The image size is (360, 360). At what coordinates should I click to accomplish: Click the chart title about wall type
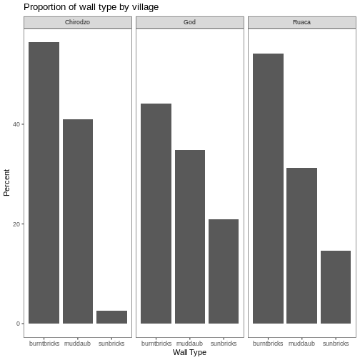91,7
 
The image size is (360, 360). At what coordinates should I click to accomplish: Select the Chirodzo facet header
78,22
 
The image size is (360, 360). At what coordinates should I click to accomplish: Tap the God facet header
189,22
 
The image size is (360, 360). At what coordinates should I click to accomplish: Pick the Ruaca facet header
301,22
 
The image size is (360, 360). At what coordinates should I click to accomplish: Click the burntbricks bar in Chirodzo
44,183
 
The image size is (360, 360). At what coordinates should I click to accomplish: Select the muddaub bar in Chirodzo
78,221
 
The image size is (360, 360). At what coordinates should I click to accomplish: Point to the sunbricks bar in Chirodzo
111,317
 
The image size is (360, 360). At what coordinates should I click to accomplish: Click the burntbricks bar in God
156,214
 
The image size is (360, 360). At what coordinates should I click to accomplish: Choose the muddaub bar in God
189,236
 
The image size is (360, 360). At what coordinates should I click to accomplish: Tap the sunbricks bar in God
223,271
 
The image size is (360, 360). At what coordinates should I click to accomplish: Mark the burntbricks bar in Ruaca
268,189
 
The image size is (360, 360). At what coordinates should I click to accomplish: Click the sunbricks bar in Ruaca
335,287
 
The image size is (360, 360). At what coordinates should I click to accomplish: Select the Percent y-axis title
6,182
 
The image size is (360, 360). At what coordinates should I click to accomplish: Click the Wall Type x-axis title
189,353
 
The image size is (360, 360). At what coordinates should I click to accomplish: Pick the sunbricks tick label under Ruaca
335,343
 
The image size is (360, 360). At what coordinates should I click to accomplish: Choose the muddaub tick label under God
189,343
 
